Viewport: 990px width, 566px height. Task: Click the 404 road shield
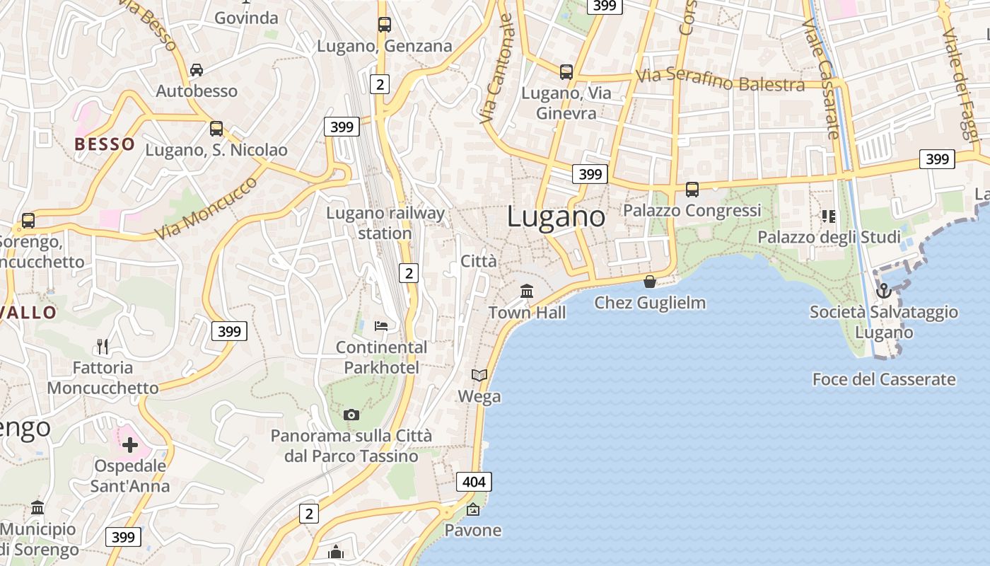474,483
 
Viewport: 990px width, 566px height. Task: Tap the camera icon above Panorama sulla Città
351,415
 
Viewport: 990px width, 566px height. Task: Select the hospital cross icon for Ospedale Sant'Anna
129,445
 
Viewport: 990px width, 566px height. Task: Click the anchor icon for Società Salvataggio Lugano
883,291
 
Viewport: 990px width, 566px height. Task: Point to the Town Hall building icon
527,291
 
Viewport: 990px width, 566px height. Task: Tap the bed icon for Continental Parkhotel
381,325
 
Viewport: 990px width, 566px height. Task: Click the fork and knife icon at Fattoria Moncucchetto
103,346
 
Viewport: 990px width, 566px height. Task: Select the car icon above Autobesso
197,69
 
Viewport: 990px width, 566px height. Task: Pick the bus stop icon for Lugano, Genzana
384,25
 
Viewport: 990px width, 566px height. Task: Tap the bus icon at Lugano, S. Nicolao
216,129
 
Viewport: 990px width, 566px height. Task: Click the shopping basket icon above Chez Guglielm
650,282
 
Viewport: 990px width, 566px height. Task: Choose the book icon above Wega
479,375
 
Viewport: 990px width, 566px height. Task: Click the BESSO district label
105,144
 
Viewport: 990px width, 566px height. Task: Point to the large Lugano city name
556,216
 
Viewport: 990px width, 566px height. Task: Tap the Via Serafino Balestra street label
720,80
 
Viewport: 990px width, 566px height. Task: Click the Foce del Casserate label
884,379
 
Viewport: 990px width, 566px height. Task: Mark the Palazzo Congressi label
692,211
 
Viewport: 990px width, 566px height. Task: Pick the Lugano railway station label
385,223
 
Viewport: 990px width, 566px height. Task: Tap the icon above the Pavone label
472,509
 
